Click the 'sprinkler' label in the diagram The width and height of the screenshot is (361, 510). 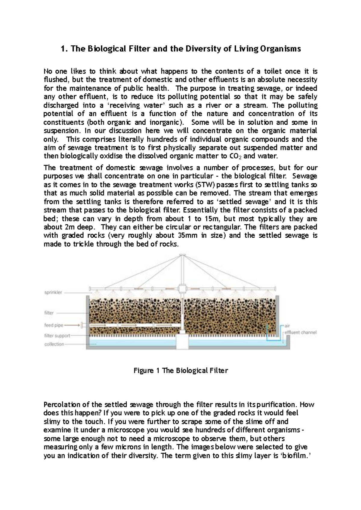(x=53, y=293)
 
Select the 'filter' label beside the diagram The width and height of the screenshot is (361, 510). (x=49, y=313)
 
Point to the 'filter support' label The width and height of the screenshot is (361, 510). (x=57, y=335)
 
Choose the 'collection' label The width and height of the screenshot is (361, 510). (x=54, y=344)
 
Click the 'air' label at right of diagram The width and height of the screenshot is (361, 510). (x=288, y=325)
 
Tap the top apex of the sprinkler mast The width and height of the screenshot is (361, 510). (x=181, y=256)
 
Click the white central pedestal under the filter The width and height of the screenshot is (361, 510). (x=182, y=342)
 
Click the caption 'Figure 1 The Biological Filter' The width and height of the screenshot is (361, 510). (x=180, y=370)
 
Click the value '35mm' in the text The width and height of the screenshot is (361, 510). (x=187, y=235)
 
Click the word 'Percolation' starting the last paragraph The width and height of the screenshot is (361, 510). (x=62, y=405)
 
